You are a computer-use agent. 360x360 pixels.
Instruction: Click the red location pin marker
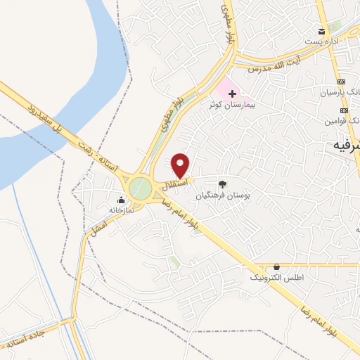click(181, 165)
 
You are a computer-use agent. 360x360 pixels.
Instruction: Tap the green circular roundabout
click(140, 188)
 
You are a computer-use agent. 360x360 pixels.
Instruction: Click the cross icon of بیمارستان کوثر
click(233, 93)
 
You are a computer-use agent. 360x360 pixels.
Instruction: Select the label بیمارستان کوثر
click(233, 104)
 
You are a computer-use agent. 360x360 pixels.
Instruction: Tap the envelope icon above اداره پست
click(322, 32)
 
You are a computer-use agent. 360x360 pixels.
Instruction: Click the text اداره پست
click(326, 41)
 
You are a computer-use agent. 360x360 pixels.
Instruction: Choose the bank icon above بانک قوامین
click(344, 111)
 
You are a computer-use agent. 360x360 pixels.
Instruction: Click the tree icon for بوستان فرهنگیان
click(223, 184)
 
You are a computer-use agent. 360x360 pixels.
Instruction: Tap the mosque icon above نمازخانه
click(121, 199)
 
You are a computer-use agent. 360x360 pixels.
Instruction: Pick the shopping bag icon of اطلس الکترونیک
click(276, 267)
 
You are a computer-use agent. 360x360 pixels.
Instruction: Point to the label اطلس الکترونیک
click(277, 278)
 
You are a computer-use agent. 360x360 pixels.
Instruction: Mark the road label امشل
click(98, 226)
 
